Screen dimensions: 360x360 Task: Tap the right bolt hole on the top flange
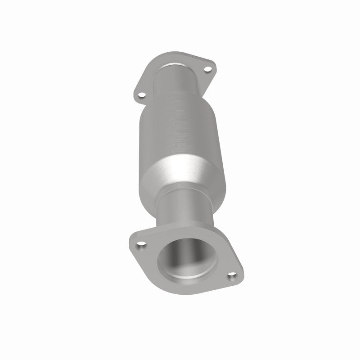[207, 70]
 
